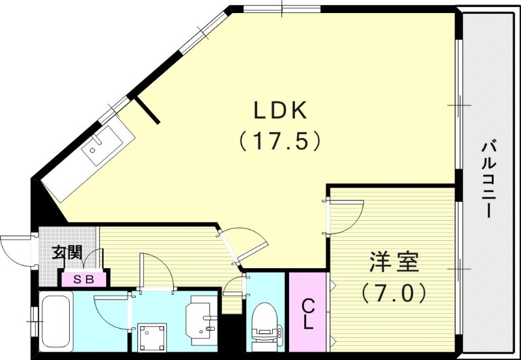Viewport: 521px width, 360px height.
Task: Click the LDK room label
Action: tap(280, 111)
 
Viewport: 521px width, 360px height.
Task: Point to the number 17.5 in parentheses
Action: tap(280, 141)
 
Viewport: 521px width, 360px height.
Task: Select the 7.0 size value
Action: tap(395, 292)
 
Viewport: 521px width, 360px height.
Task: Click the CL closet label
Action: tap(308, 312)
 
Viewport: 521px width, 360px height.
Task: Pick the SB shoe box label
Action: tap(81, 279)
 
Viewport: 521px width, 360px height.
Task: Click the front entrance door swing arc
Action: tap(14, 251)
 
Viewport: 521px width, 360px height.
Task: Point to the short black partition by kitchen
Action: tap(147, 109)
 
